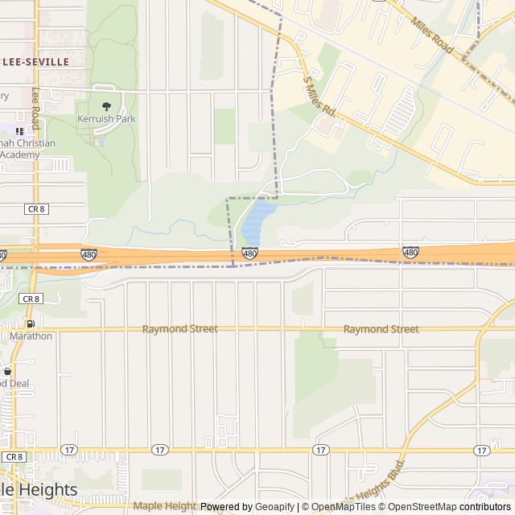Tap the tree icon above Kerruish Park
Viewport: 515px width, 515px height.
(x=106, y=105)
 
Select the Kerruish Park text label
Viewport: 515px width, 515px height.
(x=106, y=119)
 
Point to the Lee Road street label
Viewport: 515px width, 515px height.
(x=35, y=109)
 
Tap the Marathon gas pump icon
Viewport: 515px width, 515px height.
(x=31, y=323)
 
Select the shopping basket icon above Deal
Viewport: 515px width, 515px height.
(x=8, y=371)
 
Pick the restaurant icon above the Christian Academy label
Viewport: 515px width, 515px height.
(x=19, y=131)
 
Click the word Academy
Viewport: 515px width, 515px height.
(x=19, y=154)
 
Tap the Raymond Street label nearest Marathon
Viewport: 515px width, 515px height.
(x=179, y=329)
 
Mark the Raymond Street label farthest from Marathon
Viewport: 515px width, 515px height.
(x=381, y=329)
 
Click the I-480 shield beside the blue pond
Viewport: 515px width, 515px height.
(x=249, y=253)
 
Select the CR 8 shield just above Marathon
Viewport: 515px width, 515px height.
(x=31, y=299)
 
